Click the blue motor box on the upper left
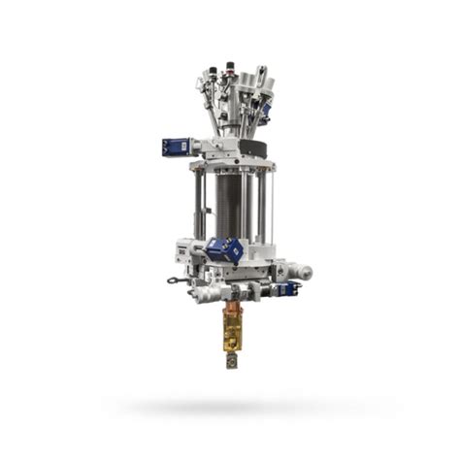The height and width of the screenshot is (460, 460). (177, 148)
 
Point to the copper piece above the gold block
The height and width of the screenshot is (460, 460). (233, 315)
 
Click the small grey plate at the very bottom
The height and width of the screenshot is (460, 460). (233, 362)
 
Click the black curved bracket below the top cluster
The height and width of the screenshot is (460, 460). (255, 148)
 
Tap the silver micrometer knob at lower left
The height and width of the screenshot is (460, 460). (207, 290)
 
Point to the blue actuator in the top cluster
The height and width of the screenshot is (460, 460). (264, 112)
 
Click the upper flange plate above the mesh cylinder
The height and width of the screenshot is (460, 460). (230, 163)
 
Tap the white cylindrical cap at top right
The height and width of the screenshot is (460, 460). (261, 76)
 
